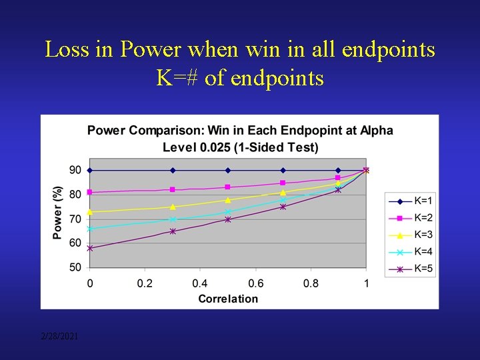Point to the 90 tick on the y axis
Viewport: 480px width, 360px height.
[x=75, y=170]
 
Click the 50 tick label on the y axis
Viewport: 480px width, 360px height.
[x=75, y=267]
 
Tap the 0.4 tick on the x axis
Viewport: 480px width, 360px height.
[x=200, y=283]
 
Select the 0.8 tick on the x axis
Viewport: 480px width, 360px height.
[x=311, y=283]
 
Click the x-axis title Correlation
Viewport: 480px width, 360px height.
[x=228, y=299]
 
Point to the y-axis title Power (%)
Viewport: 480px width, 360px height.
[x=58, y=213]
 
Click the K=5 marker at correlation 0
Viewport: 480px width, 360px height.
[x=90, y=248]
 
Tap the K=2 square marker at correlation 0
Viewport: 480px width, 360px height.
[x=90, y=192]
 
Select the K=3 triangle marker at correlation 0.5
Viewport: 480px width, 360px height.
[x=228, y=200]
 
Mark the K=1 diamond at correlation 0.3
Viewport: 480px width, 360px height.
[x=173, y=170]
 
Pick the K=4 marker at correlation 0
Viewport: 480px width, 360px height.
[x=90, y=229]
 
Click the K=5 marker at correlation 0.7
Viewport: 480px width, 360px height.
[x=283, y=207]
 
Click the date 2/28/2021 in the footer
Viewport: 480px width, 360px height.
[x=59, y=337]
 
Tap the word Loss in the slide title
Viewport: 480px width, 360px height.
[x=65, y=50]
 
